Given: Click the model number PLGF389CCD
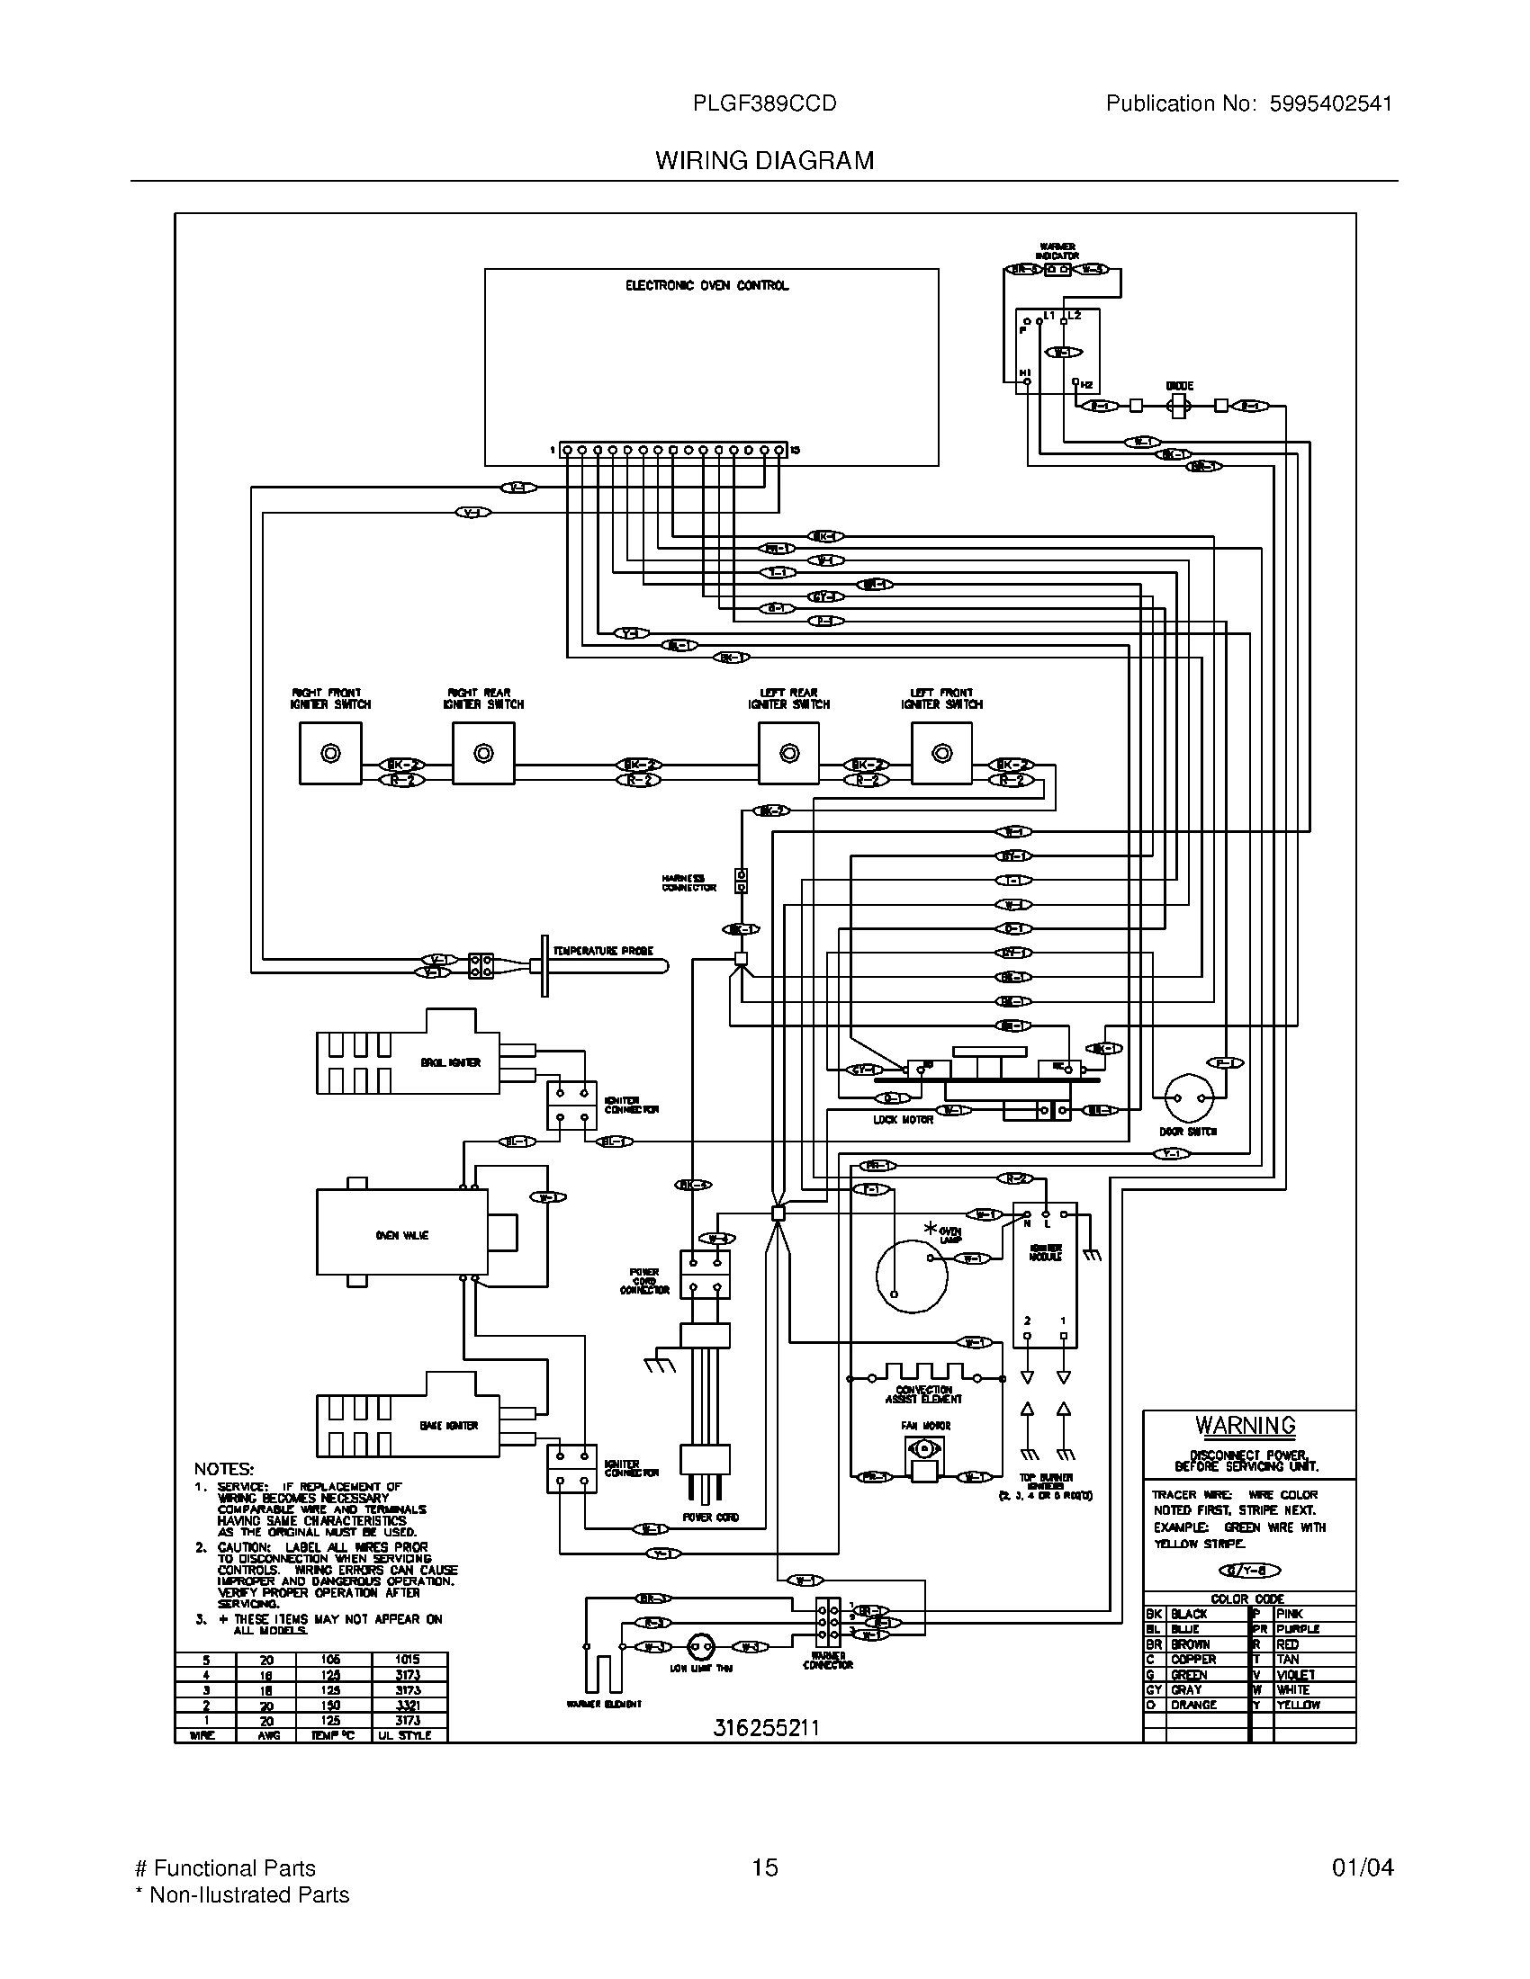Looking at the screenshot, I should (764, 104).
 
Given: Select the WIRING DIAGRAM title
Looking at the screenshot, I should (764, 161).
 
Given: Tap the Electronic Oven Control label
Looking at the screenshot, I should (707, 285).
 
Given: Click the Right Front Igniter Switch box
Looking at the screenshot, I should (330, 753).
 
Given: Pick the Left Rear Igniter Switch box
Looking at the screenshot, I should (788, 753).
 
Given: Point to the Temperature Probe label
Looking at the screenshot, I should (603, 951).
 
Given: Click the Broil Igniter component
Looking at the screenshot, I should (408, 1062).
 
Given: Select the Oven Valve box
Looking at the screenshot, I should (401, 1235).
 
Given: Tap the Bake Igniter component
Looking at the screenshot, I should (408, 1426).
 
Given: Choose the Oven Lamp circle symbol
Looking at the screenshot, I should (911, 1276).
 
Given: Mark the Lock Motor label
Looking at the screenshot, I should (903, 1120).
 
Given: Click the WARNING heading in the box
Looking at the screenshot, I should (1245, 1426).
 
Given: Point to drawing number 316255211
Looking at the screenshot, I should (766, 1728).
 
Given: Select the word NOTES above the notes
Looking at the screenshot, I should (224, 1469).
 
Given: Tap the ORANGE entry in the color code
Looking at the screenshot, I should (1192, 1705).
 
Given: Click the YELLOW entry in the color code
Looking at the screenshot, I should (1298, 1705).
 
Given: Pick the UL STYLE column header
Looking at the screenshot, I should (409, 1735).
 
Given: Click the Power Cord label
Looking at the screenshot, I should (710, 1517).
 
